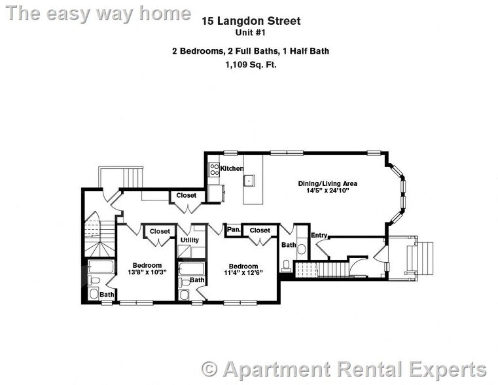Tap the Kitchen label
(x=231, y=169)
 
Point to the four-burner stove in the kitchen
(x=213, y=170)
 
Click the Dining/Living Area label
(x=328, y=183)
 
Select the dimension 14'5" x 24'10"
(x=328, y=192)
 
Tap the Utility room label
(x=190, y=240)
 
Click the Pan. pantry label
(x=233, y=230)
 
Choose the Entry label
(x=319, y=236)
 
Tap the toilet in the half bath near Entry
(x=287, y=265)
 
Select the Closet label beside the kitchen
(x=187, y=195)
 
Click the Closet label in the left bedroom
(x=160, y=231)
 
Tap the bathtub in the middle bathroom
(x=192, y=268)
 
